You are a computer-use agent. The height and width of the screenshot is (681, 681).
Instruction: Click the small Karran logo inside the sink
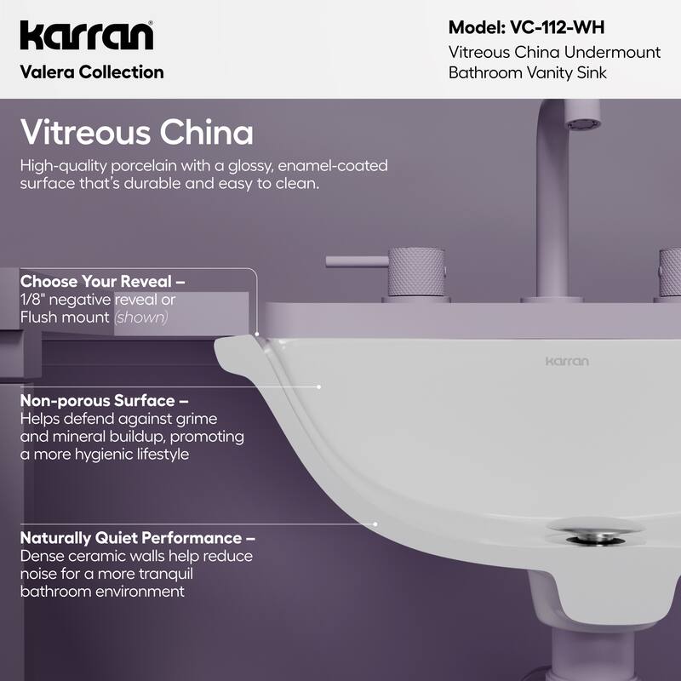pyautogui.click(x=567, y=361)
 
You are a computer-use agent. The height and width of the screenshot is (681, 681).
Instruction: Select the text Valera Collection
pyautogui.click(x=91, y=72)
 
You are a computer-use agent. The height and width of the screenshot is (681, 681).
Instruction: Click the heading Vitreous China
pyautogui.click(x=136, y=133)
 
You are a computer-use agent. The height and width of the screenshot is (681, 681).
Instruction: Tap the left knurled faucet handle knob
pyautogui.click(x=412, y=272)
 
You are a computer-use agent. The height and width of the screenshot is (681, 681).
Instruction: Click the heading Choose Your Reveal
pyautogui.click(x=102, y=281)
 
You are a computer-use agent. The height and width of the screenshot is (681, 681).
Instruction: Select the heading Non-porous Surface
pyautogui.click(x=104, y=400)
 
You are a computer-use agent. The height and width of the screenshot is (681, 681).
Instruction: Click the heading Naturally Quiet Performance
pyautogui.click(x=137, y=538)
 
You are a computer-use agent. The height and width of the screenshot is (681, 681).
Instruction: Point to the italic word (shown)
pyautogui.click(x=141, y=318)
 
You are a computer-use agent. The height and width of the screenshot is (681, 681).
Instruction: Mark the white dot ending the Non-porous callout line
pyautogui.click(x=318, y=386)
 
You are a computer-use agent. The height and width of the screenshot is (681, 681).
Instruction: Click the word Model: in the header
pyautogui.click(x=478, y=27)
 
